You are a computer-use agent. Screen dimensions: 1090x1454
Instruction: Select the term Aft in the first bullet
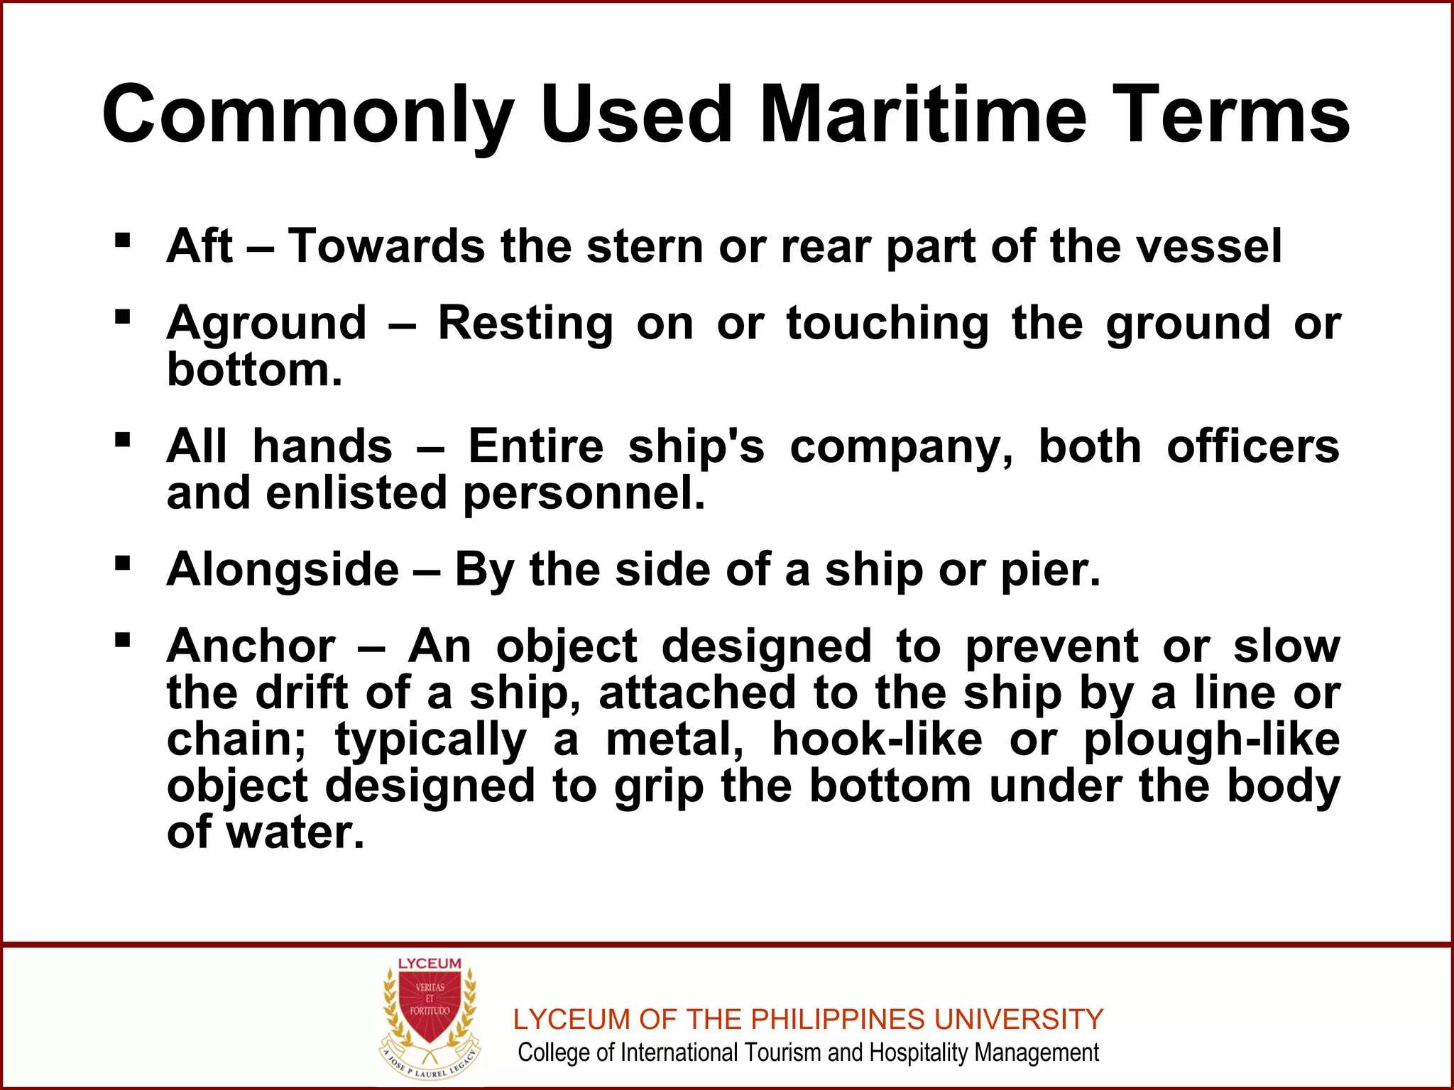click(199, 246)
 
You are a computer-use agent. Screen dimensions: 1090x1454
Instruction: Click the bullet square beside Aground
click(122, 315)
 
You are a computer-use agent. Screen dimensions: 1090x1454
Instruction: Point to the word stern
click(647, 246)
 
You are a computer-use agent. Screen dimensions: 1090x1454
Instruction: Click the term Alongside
click(283, 570)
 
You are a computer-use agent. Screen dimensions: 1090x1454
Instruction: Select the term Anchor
click(251, 646)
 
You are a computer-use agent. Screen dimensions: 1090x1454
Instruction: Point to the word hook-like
click(877, 739)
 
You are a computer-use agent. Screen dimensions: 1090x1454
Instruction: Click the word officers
click(1252, 446)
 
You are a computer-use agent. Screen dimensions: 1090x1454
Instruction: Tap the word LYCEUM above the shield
click(430, 964)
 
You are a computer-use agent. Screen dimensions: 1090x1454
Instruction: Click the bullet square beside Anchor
click(122, 640)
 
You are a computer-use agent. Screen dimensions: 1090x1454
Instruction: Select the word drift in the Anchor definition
click(301, 693)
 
